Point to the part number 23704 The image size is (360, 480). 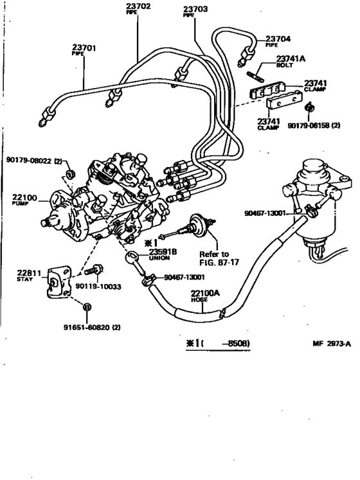[x=278, y=38]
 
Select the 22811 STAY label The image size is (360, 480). [x=29, y=274]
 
